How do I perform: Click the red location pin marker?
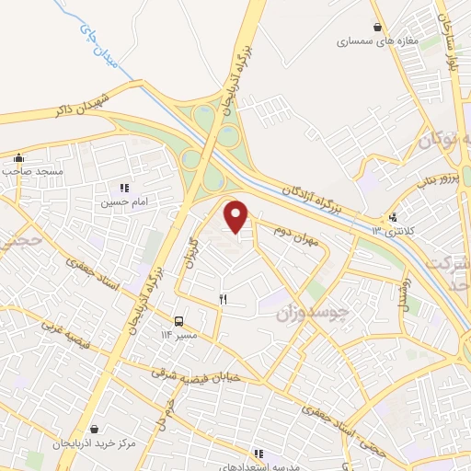[236, 216]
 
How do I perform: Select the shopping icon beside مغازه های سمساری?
[378, 28]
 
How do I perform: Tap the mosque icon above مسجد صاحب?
[19, 157]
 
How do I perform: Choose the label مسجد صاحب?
[30, 171]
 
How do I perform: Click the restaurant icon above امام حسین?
[125, 187]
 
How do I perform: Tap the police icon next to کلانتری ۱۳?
[394, 218]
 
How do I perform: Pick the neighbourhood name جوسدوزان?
[313, 314]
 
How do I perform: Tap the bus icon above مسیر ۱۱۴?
[178, 322]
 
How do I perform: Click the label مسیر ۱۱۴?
[180, 336]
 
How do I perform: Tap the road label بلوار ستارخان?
[452, 40]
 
